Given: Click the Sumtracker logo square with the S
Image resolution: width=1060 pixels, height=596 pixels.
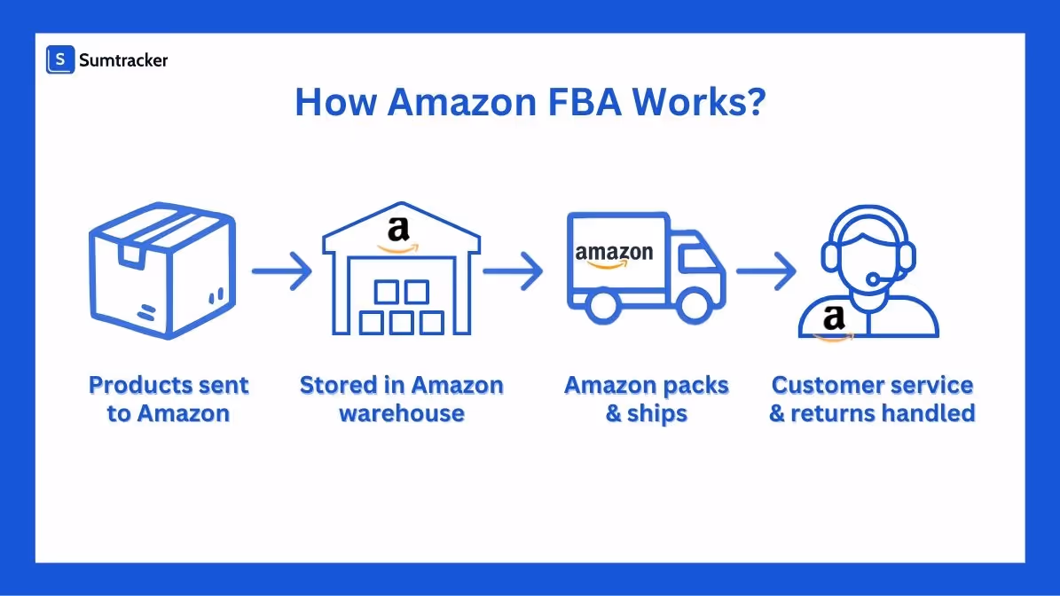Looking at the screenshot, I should (x=60, y=59).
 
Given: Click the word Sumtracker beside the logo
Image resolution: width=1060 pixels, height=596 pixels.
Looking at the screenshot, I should (x=123, y=60).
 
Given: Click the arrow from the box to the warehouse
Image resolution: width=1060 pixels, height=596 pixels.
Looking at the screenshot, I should (x=281, y=270).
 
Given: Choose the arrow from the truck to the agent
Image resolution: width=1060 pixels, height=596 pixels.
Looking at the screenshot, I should (x=766, y=270).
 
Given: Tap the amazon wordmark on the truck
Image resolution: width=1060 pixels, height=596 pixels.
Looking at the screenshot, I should (x=614, y=255).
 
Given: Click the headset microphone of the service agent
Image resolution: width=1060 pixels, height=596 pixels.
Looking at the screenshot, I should (x=873, y=281).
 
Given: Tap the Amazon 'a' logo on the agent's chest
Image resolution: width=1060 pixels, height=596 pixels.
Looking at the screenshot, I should (x=833, y=320).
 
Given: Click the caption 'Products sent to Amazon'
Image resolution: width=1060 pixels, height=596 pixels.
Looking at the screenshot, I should (x=169, y=399).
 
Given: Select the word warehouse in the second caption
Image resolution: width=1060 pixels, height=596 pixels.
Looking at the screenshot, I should (x=402, y=413).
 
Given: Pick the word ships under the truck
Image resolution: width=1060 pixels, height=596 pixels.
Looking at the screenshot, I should (x=657, y=413).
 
